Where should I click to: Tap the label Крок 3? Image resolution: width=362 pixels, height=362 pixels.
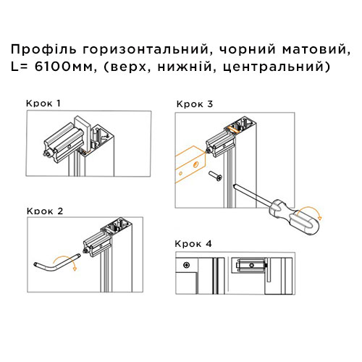(194, 104)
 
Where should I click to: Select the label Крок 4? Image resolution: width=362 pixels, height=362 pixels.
(193, 243)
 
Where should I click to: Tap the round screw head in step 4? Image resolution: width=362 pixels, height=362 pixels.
(187, 263)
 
